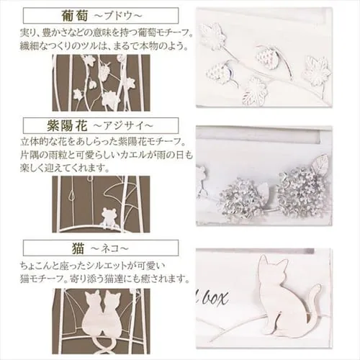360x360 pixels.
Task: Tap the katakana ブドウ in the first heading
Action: (x=116, y=16)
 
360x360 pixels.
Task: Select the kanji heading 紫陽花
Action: (x=67, y=126)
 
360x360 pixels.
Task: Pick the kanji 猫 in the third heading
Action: (x=78, y=248)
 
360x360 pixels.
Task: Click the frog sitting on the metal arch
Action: (x=107, y=217)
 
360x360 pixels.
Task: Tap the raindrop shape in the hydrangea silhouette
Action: (x=72, y=197)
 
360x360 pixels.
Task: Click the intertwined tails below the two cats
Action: (x=102, y=347)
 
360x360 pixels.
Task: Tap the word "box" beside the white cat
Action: (x=215, y=298)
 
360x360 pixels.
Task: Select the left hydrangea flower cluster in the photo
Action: (x=242, y=200)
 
